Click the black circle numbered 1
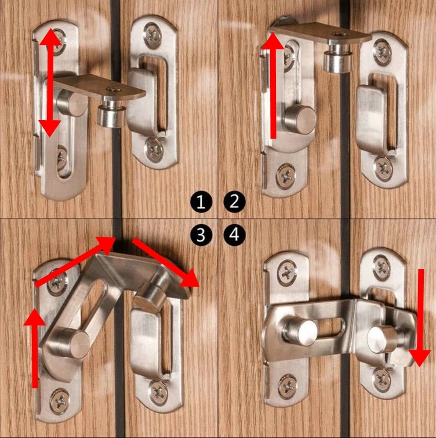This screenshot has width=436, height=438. [201, 202]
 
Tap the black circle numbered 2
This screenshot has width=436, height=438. [234, 202]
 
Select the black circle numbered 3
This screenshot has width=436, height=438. [201, 235]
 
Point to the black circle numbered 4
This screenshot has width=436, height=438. [234, 235]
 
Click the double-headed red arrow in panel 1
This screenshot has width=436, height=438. [50, 82]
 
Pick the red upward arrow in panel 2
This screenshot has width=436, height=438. [272, 85]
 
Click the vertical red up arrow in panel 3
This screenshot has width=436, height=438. [35, 347]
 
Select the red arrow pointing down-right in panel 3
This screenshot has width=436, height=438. [166, 263]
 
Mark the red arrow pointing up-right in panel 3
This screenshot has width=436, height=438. [75, 261]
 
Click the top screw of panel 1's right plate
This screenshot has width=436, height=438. [152, 36]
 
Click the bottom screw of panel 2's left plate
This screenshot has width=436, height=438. [286, 176]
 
